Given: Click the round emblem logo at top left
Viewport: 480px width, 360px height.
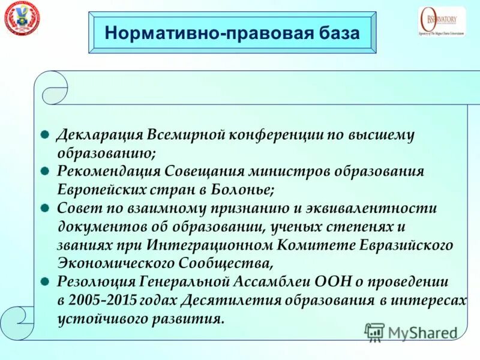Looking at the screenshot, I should tap(20, 18).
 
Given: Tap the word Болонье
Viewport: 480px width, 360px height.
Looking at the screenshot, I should tap(246, 190).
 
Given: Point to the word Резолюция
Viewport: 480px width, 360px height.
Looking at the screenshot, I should tap(95, 281).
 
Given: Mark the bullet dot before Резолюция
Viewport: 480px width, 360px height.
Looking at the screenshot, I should tap(44, 281).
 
